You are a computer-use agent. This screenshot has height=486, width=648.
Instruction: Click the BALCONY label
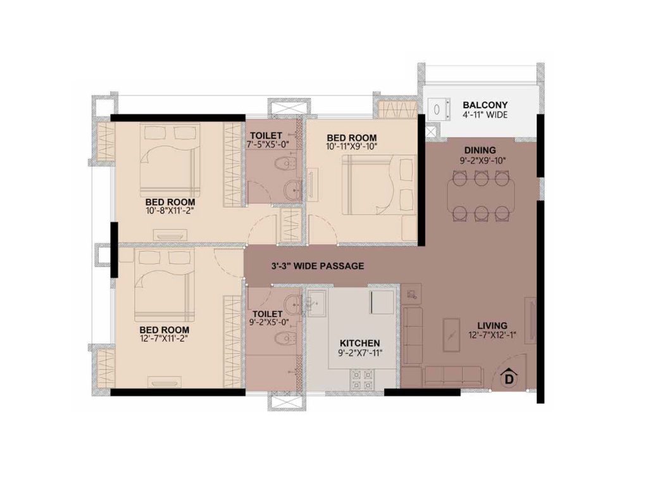click(x=485, y=105)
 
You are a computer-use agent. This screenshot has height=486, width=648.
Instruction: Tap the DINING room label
click(x=480, y=151)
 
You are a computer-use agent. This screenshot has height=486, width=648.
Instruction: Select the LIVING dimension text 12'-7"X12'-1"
click(x=492, y=335)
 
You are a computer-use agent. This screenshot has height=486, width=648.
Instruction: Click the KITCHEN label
click(x=359, y=344)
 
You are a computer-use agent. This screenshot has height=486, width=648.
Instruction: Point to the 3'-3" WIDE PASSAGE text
click(x=318, y=266)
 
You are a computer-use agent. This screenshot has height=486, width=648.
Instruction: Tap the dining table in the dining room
click(x=481, y=196)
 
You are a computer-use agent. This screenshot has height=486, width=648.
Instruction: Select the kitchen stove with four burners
click(x=363, y=380)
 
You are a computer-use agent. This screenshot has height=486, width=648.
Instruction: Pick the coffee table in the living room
click(x=452, y=335)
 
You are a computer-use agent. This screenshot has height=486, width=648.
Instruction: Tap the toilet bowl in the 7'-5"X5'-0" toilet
click(x=285, y=165)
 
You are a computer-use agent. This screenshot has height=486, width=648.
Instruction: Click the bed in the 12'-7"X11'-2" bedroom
click(x=165, y=285)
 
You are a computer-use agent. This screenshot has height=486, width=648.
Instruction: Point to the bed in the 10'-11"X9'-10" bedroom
click(x=378, y=185)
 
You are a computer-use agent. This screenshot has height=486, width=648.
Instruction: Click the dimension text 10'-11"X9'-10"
click(x=352, y=146)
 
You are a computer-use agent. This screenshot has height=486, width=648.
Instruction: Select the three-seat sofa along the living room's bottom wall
click(x=452, y=377)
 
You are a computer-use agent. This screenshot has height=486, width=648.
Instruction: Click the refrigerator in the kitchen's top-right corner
click(x=382, y=302)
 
